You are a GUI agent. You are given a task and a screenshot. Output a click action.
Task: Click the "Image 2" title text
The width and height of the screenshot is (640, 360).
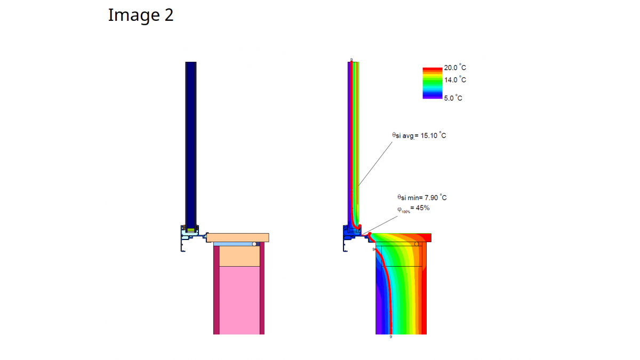141,15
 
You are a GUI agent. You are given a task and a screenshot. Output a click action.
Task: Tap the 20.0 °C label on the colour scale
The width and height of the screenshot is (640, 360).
455,68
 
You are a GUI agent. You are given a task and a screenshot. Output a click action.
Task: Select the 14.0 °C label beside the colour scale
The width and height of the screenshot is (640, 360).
455,80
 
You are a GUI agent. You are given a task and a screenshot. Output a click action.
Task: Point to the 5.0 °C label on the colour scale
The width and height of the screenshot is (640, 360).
453,98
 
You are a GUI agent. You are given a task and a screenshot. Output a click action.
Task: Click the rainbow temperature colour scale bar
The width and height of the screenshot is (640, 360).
433,83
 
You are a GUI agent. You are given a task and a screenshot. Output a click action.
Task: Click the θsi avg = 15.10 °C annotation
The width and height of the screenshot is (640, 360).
419,135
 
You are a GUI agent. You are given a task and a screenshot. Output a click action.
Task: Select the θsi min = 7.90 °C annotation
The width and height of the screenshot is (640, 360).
422,197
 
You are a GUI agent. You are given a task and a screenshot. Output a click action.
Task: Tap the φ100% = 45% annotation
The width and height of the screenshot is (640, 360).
413,209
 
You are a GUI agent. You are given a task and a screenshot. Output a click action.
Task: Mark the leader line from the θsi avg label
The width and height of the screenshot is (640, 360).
375,164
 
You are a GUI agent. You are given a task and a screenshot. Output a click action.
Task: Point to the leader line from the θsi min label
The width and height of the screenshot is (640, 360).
380,225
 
